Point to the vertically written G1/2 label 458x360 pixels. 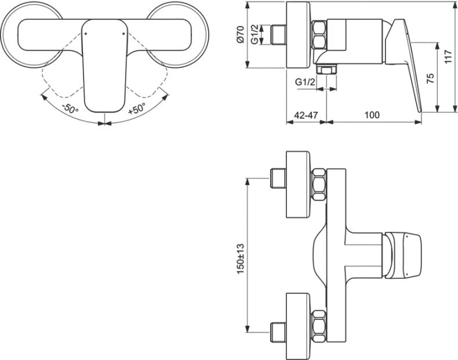coord(256,34)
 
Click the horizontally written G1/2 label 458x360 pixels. coord(304,83)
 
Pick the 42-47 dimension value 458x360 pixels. coord(306,115)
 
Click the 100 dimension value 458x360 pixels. coord(372,115)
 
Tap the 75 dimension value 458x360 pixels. coord(430,79)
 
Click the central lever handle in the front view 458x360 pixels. coord(104,64)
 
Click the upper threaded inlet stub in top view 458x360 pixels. coord(279,178)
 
